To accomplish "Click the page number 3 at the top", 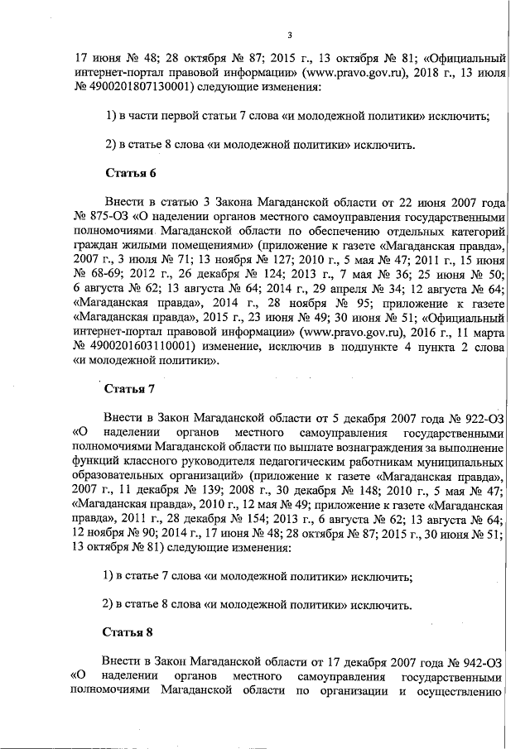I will click(x=289, y=35).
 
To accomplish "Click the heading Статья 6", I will click(x=128, y=173).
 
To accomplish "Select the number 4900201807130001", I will click(x=142, y=87).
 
